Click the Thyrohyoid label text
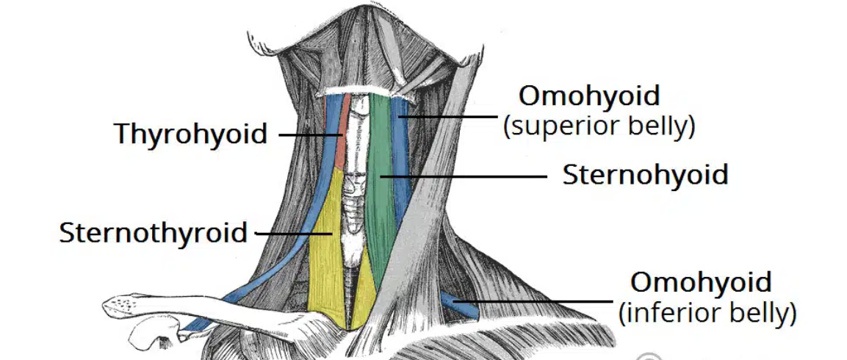(x=190, y=134)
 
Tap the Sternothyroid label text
(x=154, y=233)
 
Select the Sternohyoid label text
(x=645, y=176)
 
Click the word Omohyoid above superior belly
(x=589, y=96)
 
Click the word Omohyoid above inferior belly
(x=702, y=283)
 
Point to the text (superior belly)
(x=599, y=126)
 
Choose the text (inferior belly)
(x=707, y=314)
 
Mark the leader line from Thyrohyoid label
(x=309, y=135)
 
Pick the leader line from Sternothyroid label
(x=294, y=234)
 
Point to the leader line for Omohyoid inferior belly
(x=544, y=300)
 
